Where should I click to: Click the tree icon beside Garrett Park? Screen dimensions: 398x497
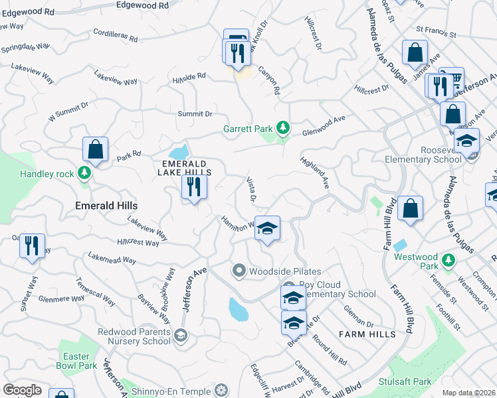pyautogui.click(x=283, y=127)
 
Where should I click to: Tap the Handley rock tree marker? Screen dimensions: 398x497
pyautogui.click(x=84, y=173)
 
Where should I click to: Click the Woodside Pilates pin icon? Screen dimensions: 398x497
pyautogui.click(x=239, y=271)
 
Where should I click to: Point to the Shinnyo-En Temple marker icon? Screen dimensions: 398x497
pyautogui.click(x=223, y=389)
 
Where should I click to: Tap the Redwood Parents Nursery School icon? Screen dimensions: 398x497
pyautogui.click(x=180, y=336)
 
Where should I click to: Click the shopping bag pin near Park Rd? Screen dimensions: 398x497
pyautogui.click(x=96, y=149)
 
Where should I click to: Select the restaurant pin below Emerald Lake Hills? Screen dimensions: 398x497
pyautogui.click(x=194, y=186)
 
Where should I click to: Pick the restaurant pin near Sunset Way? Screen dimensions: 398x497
pyautogui.click(x=32, y=245)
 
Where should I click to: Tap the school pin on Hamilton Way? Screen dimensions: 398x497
pyautogui.click(x=267, y=229)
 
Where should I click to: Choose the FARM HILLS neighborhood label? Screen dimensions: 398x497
pyautogui.click(x=365, y=334)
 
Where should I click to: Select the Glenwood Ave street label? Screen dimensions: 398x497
pyautogui.click(x=324, y=124)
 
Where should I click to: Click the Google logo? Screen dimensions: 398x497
pyautogui.click(x=22, y=390)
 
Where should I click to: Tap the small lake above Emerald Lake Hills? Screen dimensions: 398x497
pyautogui.click(x=178, y=151)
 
